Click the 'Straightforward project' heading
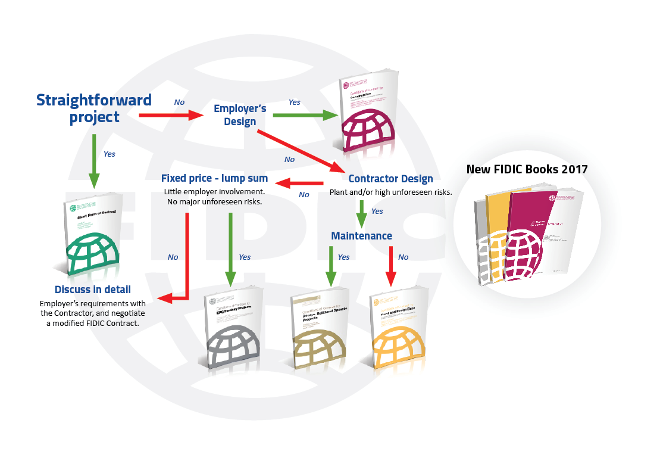click(94, 108)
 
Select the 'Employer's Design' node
click(240, 115)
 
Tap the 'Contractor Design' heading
click(390, 179)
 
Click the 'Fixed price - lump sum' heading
click(214, 178)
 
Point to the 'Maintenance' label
click(361, 236)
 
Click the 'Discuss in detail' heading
click(93, 290)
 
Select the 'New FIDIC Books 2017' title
click(527, 169)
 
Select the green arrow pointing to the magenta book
click(304, 116)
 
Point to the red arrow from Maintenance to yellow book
click(391, 265)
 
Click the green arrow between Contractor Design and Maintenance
click(361, 212)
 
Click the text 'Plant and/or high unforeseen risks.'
click(390, 192)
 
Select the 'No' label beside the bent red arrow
click(173, 257)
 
